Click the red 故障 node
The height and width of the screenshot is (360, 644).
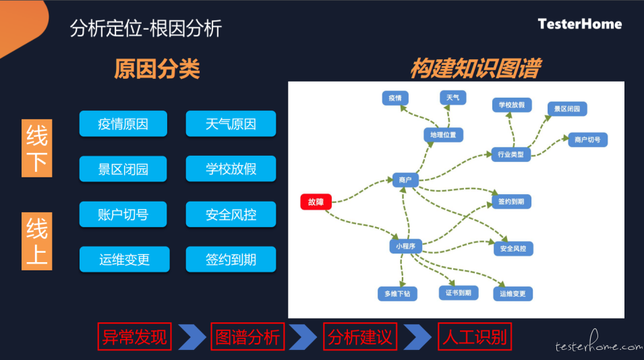316,202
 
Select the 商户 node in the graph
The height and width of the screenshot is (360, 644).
405,180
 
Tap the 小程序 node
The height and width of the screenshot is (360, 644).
405,246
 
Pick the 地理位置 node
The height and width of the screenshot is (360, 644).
443,135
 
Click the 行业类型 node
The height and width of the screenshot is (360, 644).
511,154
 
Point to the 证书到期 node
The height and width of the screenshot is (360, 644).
459,293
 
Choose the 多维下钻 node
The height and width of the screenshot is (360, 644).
397,293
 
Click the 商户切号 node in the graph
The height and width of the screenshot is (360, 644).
588,140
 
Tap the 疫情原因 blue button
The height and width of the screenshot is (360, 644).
123,123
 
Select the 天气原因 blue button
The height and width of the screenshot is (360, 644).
231,123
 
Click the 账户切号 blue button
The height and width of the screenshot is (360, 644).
123,214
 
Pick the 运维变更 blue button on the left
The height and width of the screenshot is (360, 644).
125,260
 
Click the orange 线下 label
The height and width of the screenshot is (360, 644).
36,148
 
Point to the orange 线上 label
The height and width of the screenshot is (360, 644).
36,241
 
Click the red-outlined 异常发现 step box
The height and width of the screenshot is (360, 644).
134,336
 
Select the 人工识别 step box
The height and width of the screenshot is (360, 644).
475,336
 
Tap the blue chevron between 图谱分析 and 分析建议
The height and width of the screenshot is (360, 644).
303,337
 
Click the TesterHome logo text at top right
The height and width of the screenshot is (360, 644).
580,24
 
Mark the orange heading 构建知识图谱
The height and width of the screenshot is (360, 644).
475,68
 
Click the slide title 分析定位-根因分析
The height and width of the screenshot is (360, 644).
146,28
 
